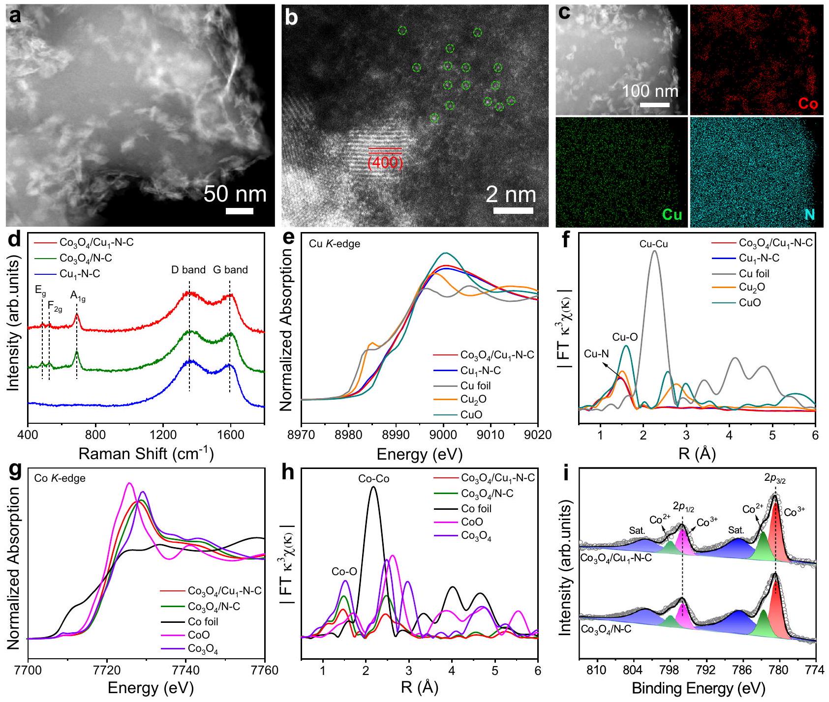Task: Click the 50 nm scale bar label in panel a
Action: point(235,194)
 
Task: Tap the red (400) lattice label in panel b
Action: point(385,162)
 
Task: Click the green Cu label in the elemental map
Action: point(672,215)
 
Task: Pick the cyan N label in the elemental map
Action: point(809,215)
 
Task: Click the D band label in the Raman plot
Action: point(188,270)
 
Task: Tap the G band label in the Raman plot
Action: point(230,270)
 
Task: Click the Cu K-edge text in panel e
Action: point(335,243)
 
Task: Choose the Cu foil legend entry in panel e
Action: point(476,385)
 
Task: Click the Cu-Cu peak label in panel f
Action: point(654,244)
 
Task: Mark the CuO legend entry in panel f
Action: point(750,302)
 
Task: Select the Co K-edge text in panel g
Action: point(60,478)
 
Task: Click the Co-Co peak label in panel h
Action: point(373,478)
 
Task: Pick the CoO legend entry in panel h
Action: point(472,522)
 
